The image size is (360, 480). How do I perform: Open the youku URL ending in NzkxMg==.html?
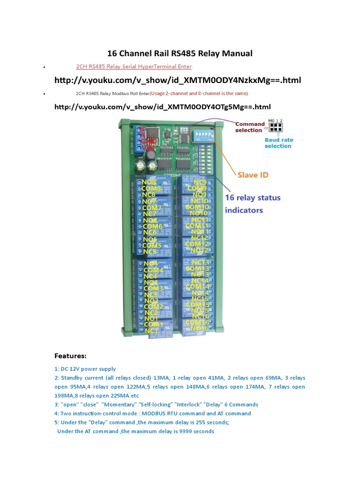[x=177, y=80]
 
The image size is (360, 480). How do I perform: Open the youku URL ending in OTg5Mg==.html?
[x=162, y=107]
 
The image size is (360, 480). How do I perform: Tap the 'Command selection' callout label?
[x=250, y=127]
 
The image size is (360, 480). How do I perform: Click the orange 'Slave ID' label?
[x=254, y=175]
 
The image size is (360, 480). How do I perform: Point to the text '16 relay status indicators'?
[x=253, y=204]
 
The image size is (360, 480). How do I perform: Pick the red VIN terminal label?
[x=148, y=147]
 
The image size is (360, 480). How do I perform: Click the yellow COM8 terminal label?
[x=151, y=188]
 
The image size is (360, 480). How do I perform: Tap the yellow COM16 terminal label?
[x=197, y=322]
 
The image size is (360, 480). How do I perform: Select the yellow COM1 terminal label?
[x=153, y=324]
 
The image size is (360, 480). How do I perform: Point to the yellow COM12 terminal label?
[x=197, y=244]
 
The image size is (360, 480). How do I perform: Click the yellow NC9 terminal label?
[x=200, y=182]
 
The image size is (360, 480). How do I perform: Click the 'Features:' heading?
[x=70, y=356]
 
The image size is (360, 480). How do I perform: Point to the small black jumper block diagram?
[x=276, y=127]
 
